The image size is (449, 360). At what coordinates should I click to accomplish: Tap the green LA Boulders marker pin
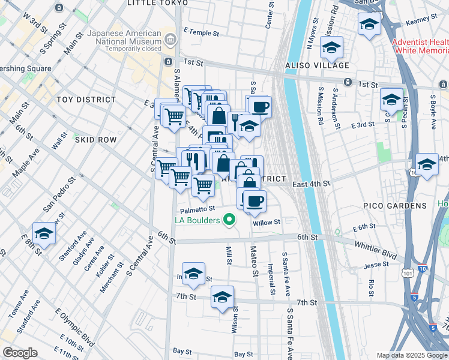[x=229, y=220]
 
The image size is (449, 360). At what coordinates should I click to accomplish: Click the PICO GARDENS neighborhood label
[x=394, y=206]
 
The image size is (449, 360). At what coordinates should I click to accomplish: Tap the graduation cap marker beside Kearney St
[x=369, y=25]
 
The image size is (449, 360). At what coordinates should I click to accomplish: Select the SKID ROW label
[x=95, y=139]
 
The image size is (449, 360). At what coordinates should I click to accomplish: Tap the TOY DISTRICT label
[x=86, y=100]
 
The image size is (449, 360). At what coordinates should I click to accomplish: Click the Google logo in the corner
[x=20, y=353]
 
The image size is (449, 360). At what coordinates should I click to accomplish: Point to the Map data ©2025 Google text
[x=412, y=355]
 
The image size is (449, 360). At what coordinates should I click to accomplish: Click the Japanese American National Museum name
[x=124, y=38]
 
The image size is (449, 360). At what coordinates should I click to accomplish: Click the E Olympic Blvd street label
[x=74, y=329]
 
